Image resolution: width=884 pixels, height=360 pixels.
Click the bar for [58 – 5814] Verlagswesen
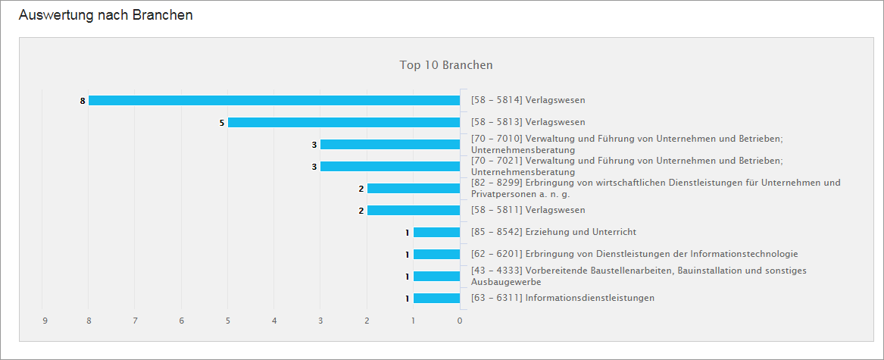pos(274,100)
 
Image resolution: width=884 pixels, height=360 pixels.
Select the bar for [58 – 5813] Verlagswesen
pos(344,122)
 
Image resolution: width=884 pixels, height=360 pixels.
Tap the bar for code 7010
pos(390,144)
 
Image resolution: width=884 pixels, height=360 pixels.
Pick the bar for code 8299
pos(414,188)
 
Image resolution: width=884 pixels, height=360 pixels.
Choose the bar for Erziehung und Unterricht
pos(437,232)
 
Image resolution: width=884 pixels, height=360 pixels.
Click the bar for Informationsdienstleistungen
pos(437,298)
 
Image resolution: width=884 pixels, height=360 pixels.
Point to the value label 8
pos(82,101)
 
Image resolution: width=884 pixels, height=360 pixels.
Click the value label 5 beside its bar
pos(222,123)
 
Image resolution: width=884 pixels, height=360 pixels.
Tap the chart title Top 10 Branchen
pos(446,65)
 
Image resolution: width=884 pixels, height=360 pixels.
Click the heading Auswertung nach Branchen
pos(105,15)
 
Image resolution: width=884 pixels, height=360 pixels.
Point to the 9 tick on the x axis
pos(45,321)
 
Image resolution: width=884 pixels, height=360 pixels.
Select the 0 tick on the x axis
pos(460,321)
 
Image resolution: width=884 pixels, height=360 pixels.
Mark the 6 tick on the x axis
pos(182,321)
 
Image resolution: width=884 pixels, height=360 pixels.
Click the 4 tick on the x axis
pos(274,321)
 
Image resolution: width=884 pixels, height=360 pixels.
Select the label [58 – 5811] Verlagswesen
pos(528,210)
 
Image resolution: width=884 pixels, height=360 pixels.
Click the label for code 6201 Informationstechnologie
pos(634,254)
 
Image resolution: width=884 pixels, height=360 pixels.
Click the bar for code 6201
pos(437,254)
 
